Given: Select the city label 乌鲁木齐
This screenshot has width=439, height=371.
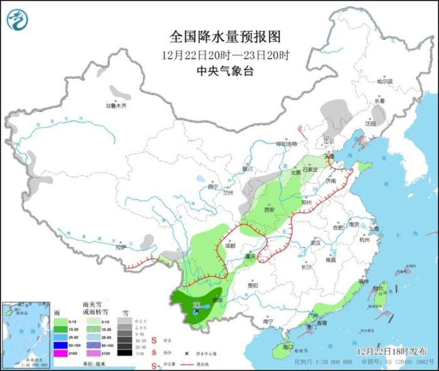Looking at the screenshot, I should coord(115,106).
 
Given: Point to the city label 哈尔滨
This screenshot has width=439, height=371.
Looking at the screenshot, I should coord(384,81).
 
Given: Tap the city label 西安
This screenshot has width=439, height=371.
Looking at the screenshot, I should coord(270,210).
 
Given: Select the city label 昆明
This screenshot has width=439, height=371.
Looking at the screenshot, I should coord(218,300).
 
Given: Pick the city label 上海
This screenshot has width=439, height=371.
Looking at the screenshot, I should coord(374,229).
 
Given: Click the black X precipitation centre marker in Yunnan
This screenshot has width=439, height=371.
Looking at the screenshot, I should coord(196,310).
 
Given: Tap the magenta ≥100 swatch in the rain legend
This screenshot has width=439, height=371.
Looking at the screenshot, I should coord(61,354).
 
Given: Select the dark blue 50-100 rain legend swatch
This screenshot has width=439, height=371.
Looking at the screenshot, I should coord(61,345).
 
